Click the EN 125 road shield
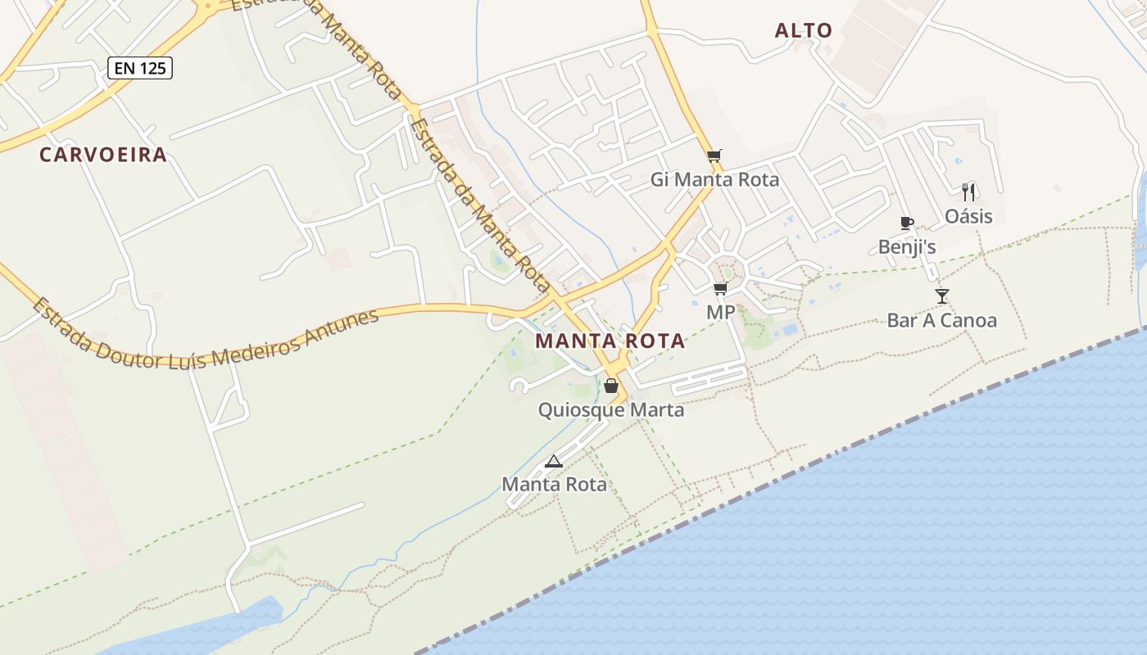[139, 68]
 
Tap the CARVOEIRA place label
[103, 155]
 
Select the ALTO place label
[804, 31]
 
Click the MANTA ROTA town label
[610, 341]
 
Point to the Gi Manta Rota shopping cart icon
[714, 156]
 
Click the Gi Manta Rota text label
[714, 179]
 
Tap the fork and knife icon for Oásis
[968, 192]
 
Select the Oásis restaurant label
[968, 216]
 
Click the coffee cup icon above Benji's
[906, 223]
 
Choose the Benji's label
[906, 246]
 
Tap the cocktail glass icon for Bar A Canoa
[942, 296]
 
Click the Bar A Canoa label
[942, 320]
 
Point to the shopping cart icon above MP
[721, 288]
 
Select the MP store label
[721, 312]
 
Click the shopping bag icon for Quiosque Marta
[611, 386]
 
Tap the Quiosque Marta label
[611, 409]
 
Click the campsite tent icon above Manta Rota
[554, 461]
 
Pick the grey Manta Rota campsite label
[554, 484]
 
